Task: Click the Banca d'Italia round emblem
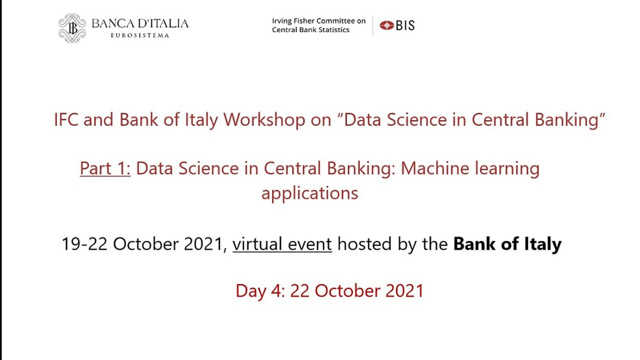[72, 28]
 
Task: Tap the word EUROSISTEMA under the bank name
[139, 35]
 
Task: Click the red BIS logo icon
[386, 25]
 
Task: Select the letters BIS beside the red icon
[405, 25]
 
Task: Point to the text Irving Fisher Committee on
[318, 21]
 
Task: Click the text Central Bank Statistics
[310, 29]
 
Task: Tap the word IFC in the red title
[66, 119]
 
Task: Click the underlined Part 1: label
[105, 168]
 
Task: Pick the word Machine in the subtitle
[435, 168]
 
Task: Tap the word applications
[309, 193]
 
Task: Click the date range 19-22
[84, 244]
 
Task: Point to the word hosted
[364, 244]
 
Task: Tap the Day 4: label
[260, 291]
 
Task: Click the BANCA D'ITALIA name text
[140, 23]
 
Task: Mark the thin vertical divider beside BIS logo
[372, 25]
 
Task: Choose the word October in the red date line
[347, 291]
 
